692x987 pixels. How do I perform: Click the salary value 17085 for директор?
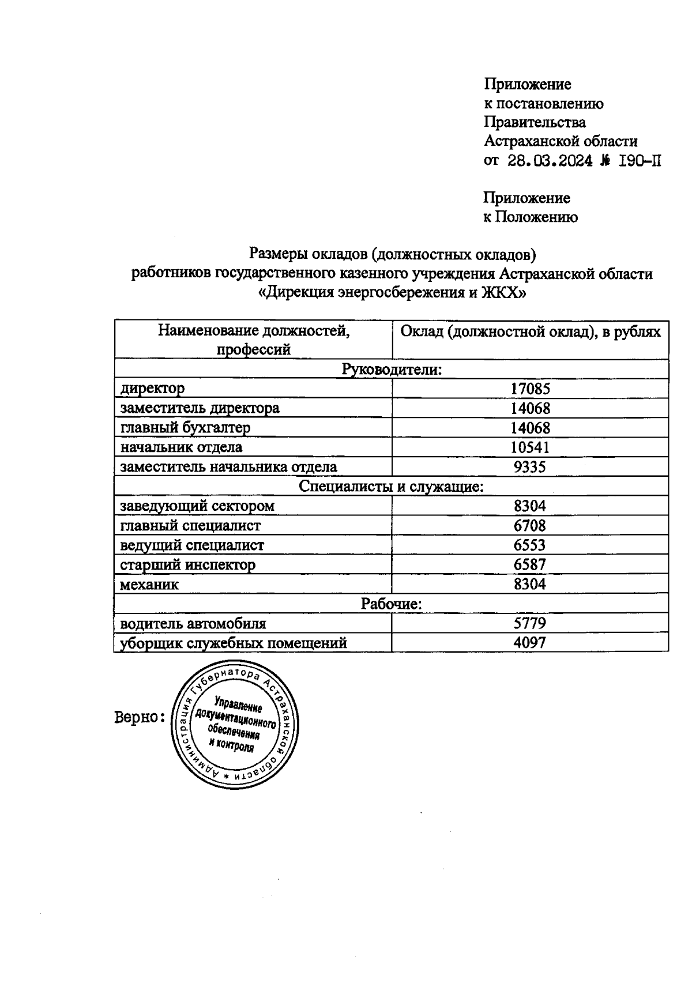[x=530, y=389]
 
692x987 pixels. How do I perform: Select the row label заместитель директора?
[x=200, y=408]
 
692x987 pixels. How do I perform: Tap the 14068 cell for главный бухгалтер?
[x=530, y=428]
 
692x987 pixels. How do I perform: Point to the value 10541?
[x=530, y=447]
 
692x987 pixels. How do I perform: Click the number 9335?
[x=530, y=467]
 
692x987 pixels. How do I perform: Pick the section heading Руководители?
[x=392, y=369]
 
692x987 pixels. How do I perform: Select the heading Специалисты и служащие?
[x=392, y=487]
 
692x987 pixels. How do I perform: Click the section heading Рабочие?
[x=392, y=604]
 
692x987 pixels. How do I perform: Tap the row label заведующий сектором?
[x=197, y=506]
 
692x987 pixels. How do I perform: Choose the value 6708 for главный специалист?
[x=530, y=526]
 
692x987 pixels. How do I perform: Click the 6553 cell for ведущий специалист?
[x=530, y=545]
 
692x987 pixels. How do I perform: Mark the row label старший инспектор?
[x=187, y=565]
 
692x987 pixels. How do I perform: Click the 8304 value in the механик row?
[x=530, y=585]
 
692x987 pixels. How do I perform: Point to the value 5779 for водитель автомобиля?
[x=530, y=623]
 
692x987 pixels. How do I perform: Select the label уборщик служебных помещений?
[x=233, y=643]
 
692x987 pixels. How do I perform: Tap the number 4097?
[x=530, y=643]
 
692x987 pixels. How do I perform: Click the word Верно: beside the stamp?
[x=140, y=718]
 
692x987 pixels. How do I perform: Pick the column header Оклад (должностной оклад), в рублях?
[x=530, y=332]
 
